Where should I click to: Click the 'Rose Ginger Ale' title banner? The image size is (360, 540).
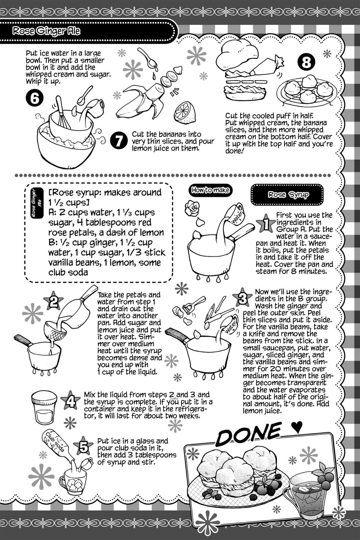47,31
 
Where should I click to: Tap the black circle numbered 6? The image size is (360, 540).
34,98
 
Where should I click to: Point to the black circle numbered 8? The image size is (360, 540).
306,62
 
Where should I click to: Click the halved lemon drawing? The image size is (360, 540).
184,112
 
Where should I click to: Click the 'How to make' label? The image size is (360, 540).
210,190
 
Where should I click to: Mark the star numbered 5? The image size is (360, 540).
83,448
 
